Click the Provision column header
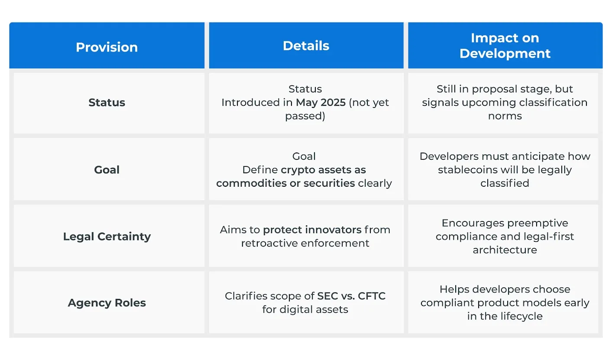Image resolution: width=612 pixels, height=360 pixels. coord(107,47)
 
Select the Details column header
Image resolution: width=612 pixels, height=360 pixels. coord(306,46)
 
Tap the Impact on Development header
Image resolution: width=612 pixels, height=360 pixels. coord(505,45)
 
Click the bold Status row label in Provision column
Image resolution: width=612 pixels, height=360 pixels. coord(107,103)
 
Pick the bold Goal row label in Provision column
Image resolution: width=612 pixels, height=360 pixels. coord(107,170)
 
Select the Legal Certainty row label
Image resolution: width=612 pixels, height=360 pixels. coord(107,237)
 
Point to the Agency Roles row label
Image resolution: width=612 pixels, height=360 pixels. coord(107,303)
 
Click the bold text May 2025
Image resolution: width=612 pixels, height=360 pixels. coord(321,103)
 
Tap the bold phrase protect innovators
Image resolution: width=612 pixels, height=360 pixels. coord(312,230)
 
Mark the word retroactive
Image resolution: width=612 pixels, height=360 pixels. coord(269,243)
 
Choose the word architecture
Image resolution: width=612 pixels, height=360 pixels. coord(505,250)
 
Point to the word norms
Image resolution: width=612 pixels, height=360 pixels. coord(505,116)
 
